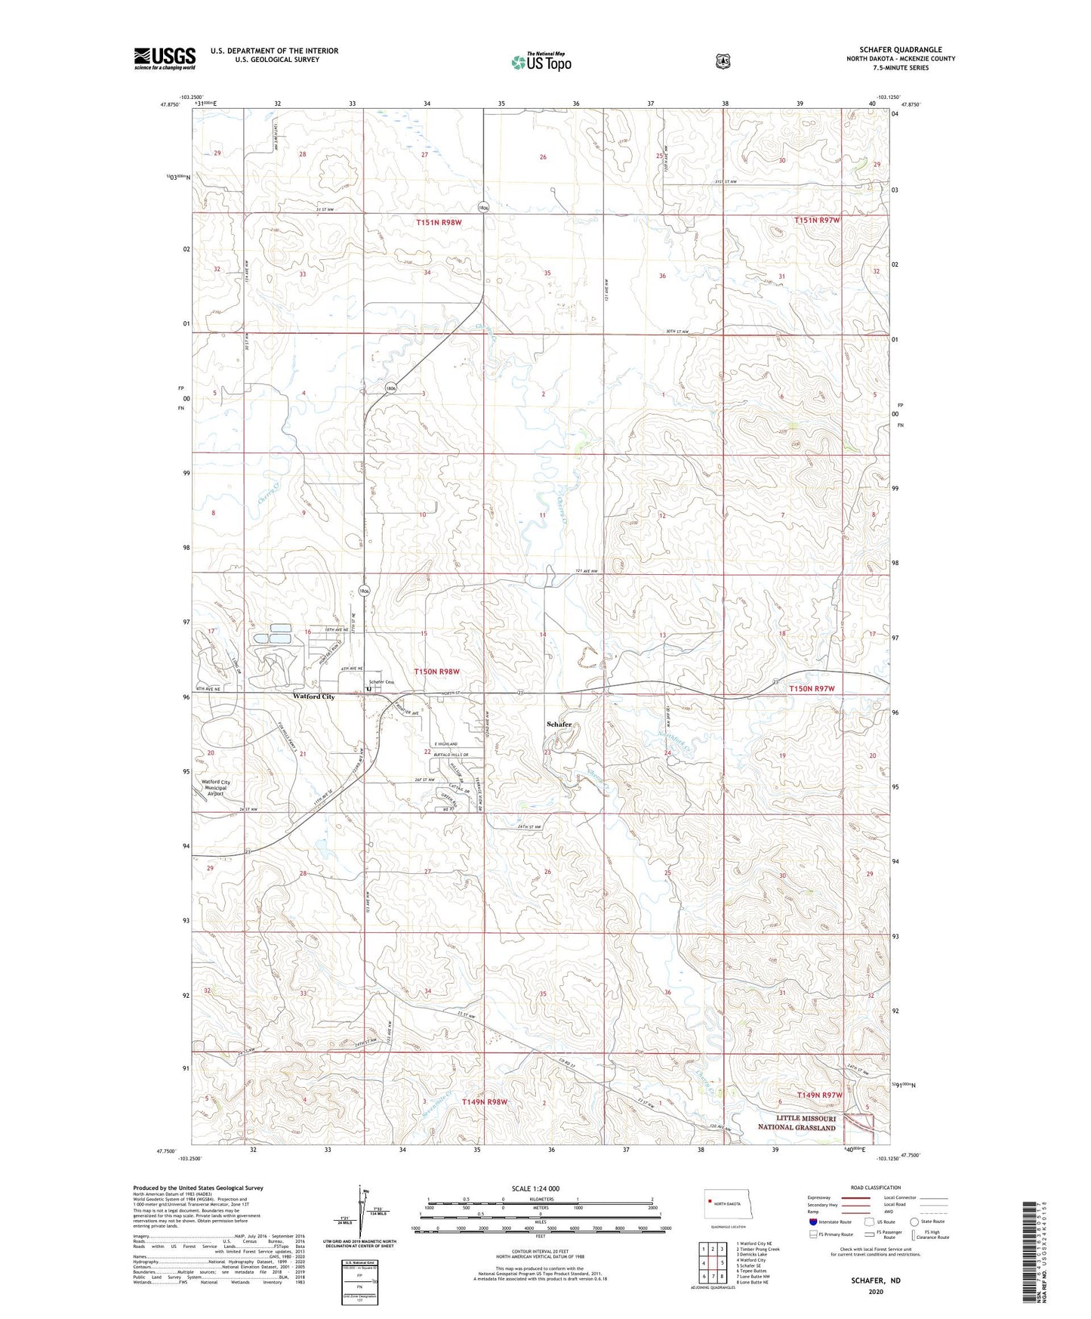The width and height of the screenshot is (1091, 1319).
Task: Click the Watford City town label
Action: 313,697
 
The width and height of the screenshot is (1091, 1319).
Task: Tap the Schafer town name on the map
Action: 559,724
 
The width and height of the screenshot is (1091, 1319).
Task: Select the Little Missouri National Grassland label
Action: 797,1123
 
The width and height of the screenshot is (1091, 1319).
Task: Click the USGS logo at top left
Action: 165,58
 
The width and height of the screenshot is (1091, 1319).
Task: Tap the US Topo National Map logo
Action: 539,62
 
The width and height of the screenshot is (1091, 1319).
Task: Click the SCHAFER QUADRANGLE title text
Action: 900,50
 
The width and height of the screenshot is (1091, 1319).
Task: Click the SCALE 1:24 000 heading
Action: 535,1188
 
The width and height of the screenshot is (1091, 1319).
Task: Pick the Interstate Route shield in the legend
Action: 812,1222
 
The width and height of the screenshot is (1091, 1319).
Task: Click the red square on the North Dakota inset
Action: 710,1194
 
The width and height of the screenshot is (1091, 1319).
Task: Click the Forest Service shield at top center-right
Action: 723,61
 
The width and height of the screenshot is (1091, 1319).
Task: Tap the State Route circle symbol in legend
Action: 914,1222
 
